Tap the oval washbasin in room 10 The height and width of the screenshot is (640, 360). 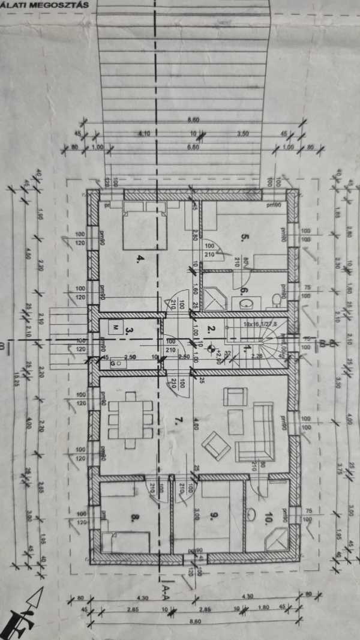pyautogui.click(x=253, y=514)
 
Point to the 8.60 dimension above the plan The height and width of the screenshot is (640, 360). pyautogui.click(x=193, y=120)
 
